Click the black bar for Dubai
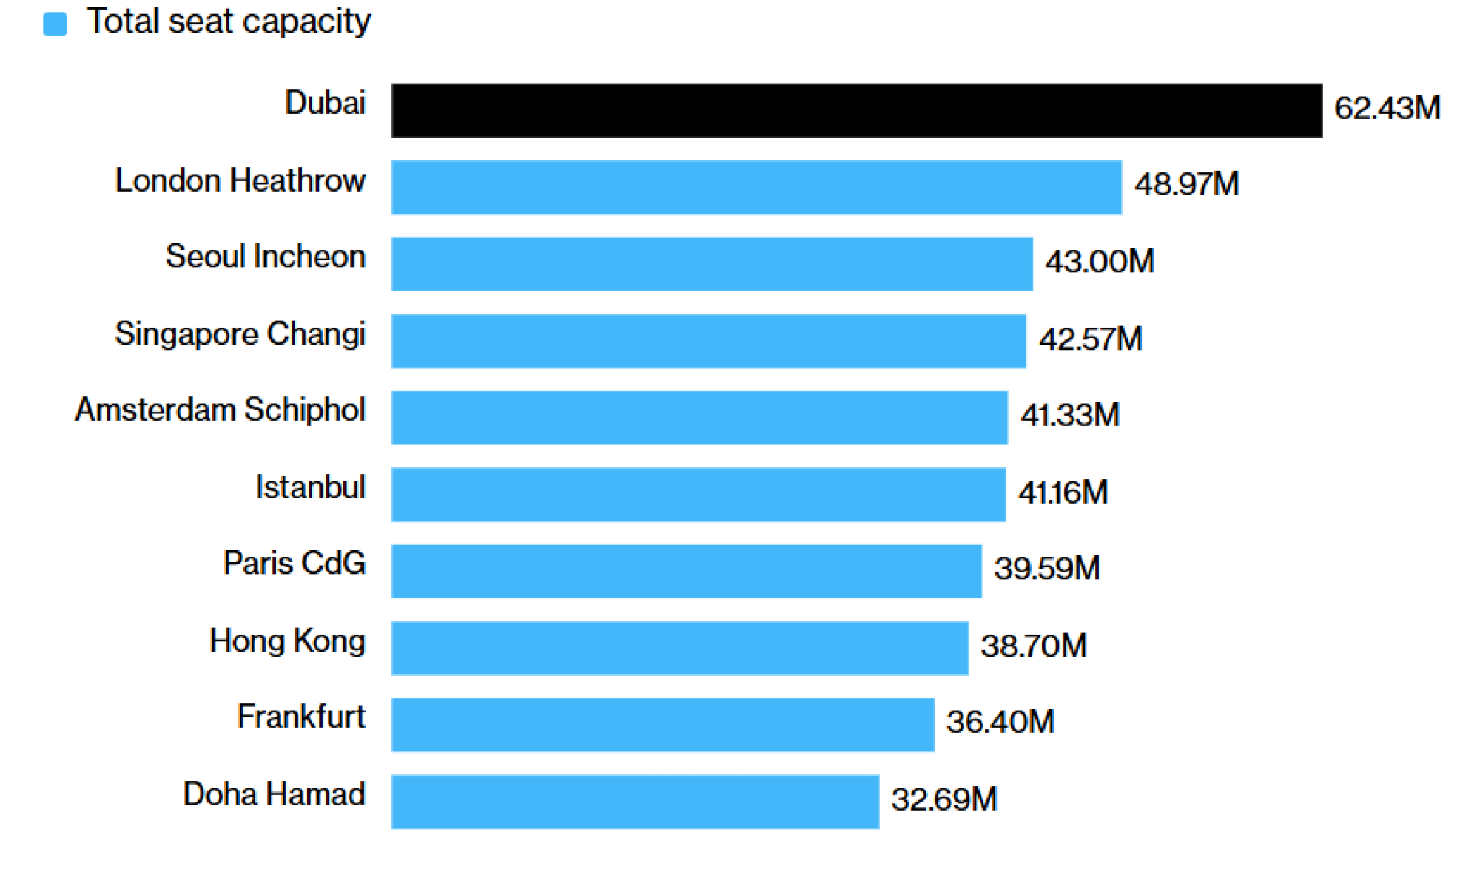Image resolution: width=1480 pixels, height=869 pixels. pyautogui.click(x=856, y=110)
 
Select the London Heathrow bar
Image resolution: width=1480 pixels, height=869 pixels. pyautogui.click(x=756, y=187)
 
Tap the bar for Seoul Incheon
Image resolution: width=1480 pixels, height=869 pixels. pyautogui.click(x=712, y=264)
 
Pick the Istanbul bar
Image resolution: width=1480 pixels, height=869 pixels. pyautogui.click(x=698, y=494)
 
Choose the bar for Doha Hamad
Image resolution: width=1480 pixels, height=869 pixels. pyautogui.click(x=635, y=801)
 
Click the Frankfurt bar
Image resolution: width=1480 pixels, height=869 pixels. pyautogui.click(x=662, y=724)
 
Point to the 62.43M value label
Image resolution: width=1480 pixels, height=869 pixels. pyautogui.click(x=1387, y=108)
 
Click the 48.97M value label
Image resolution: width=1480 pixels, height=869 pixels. pyautogui.click(x=1186, y=184)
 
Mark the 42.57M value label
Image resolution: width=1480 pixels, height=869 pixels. pyautogui.click(x=1090, y=339)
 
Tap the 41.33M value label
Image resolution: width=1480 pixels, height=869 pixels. pyautogui.click(x=1069, y=415)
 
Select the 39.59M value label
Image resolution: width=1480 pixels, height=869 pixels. pyautogui.click(x=1046, y=568)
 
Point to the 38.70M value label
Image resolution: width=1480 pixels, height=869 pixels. pyautogui.click(x=1033, y=646)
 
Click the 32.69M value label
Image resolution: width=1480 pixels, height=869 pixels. pyautogui.click(x=943, y=799)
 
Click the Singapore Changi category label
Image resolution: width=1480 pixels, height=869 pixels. pyautogui.click(x=240, y=334)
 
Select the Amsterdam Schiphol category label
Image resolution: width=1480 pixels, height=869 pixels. pyautogui.click(x=220, y=410)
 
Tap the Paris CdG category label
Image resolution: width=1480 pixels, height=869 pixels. pyautogui.click(x=294, y=563)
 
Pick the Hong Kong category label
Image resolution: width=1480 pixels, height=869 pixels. pyautogui.click(x=287, y=640)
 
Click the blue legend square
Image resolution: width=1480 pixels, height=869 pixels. pyautogui.click(x=55, y=24)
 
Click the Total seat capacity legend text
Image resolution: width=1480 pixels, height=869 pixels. pyautogui.click(x=228, y=21)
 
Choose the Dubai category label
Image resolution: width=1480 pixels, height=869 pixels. pyautogui.click(x=325, y=103)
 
